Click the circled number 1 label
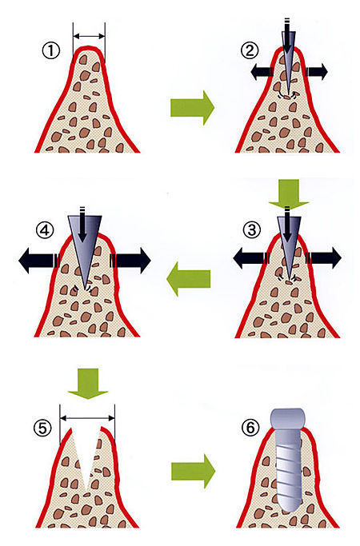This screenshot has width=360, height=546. click(x=51, y=51)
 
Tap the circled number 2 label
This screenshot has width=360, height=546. click(x=250, y=51)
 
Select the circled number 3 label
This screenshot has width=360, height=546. click(x=252, y=230)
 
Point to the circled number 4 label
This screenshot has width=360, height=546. click(x=46, y=230)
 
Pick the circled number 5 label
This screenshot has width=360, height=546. click(x=42, y=428)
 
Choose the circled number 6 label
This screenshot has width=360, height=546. click(x=250, y=428)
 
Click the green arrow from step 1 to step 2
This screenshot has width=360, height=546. click(x=192, y=108)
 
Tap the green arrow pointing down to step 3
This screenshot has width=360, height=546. click(x=289, y=194)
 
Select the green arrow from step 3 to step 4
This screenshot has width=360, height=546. click(x=189, y=279)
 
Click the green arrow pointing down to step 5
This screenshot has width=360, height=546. click(x=88, y=384)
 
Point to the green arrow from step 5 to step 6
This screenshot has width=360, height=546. click(x=193, y=471)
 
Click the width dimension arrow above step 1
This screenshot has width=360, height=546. click(x=90, y=36)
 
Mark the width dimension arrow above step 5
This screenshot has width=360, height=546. click(x=87, y=418)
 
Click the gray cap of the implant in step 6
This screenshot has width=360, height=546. click(x=288, y=419)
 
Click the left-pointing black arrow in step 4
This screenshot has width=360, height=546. click(x=39, y=260)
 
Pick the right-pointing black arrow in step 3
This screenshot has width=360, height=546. click(x=323, y=258)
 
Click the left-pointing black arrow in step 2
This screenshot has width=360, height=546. click(x=262, y=72)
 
